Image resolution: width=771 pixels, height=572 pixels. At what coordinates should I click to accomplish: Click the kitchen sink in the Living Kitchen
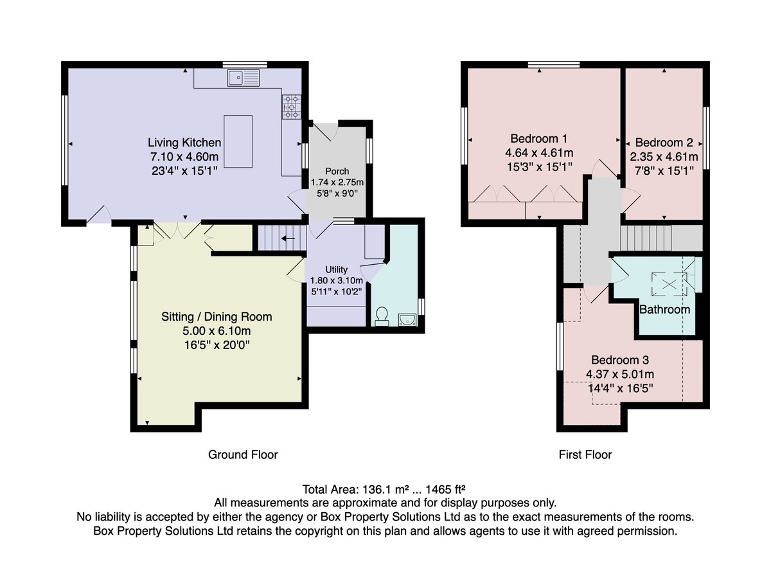pyautogui.click(x=244, y=78)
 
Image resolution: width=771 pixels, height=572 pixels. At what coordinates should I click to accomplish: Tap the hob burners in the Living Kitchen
pyautogui.click(x=291, y=107)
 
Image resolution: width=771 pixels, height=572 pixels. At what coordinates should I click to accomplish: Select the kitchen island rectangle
pyautogui.click(x=238, y=141)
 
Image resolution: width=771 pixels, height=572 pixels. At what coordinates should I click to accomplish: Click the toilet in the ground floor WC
pyautogui.click(x=382, y=316)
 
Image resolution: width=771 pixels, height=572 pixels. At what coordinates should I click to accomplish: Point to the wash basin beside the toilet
pyautogui.click(x=407, y=319)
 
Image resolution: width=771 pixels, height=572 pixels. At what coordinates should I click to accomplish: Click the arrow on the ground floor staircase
pyautogui.click(x=288, y=238)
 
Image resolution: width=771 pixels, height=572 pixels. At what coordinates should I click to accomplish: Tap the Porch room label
pyautogui.click(x=337, y=171)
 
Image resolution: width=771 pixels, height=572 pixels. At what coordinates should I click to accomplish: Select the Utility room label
pyautogui.click(x=336, y=269)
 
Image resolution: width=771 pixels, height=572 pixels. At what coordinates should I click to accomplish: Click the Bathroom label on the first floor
pyautogui.click(x=664, y=310)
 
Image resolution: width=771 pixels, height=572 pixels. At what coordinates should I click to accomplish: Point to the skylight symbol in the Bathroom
pyautogui.click(x=669, y=284)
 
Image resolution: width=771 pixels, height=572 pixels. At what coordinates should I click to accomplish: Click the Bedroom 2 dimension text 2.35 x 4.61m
pyautogui.click(x=664, y=157)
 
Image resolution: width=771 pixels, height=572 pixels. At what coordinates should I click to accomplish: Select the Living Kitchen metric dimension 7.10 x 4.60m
pyautogui.click(x=184, y=157)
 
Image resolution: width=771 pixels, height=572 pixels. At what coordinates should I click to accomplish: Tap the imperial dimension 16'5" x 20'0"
pyautogui.click(x=217, y=345)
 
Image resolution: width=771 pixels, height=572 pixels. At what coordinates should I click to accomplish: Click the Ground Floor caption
pyautogui.click(x=243, y=454)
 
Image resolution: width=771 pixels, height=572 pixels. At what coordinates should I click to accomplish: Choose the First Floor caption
pyautogui.click(x=585, y=454)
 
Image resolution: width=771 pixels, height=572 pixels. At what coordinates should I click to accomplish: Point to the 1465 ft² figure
pyautogui.click(x=445, y=489)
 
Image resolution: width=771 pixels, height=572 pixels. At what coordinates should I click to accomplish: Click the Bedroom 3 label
pyautogui.click(x=620, y=359)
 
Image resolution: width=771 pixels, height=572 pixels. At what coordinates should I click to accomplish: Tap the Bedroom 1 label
pyautogui.click(x=538, y=138)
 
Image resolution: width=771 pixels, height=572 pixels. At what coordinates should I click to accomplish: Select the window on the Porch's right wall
pyautogui.click(x=369, y=150)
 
